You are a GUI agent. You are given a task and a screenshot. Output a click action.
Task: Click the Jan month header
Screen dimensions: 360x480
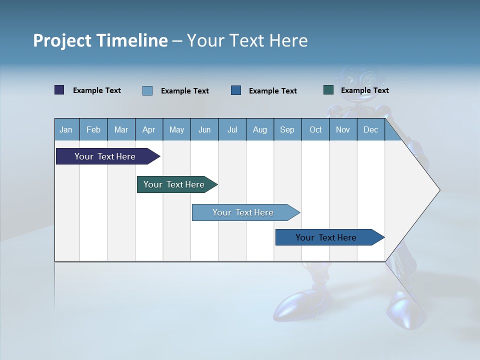click(x=66, y=129)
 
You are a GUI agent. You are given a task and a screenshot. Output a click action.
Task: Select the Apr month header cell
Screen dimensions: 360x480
click(x=149, y=129)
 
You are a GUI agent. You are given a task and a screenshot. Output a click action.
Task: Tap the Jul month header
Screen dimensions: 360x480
click(x=232, y=129)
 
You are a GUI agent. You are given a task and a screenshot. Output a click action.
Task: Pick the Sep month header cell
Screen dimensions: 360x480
click(x=287, y=129)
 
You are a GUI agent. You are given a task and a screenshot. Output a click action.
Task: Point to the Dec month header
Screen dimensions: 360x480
click(x=370, y=129)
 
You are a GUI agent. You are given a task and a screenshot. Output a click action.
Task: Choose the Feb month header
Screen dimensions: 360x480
click(x=93, y=129)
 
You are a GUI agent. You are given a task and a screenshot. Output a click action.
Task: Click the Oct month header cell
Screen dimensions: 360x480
click(x=315, y=129)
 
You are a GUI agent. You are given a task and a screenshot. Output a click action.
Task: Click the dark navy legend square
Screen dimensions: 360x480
click(x=59, y=90)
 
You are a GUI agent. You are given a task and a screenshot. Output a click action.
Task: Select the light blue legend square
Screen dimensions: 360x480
click(x=147, y=90)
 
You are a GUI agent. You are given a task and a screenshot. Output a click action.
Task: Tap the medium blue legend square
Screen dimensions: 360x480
click(x=236, y=90)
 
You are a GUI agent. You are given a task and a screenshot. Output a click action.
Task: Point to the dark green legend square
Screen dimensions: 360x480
click(x=328, y=90)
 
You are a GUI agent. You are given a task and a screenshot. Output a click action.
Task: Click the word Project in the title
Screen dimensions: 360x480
click(x=61, y=40)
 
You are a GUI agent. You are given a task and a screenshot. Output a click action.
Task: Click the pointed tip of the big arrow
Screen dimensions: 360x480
click(x=438, y=190)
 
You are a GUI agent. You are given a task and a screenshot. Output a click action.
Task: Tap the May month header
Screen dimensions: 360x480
click(x=176, y=129)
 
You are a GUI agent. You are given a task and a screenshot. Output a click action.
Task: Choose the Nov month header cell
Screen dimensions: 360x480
click(x=343, y=129)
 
